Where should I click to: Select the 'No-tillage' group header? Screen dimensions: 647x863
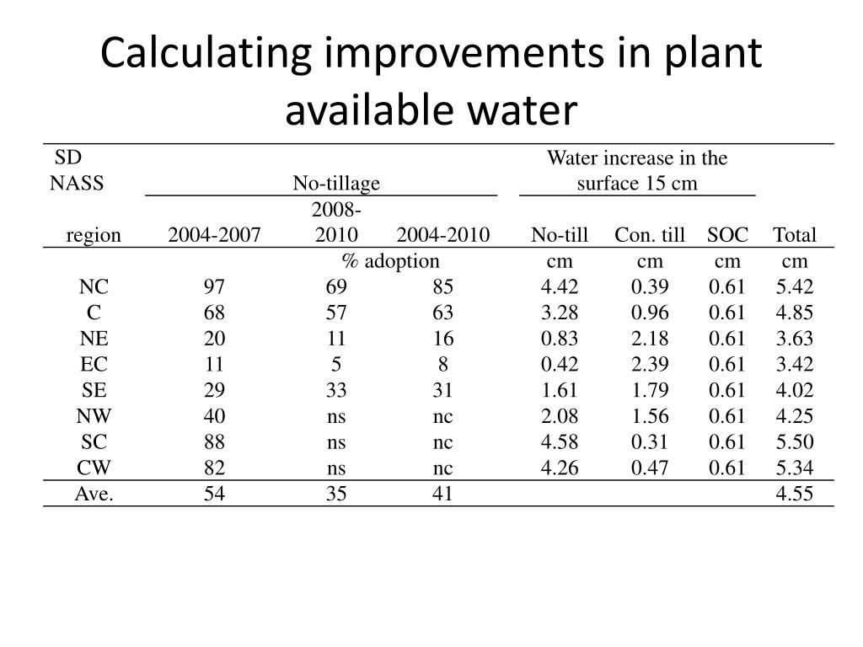point(335,183)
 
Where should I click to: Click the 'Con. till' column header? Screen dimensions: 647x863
point(650,235)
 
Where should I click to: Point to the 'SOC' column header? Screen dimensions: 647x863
point(727,235)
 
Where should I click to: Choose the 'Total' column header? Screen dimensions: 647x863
point(794,235)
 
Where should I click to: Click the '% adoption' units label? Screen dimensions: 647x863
point(390,261)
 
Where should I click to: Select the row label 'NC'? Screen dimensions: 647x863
point(94,287)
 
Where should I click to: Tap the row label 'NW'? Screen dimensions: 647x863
point(94,416)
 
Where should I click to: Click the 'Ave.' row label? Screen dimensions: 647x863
point(94,494)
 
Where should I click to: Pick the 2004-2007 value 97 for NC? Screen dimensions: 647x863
point(214,287)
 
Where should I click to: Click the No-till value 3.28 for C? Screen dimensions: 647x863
point(560,313)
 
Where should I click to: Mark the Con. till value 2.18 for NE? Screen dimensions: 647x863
point(650,339)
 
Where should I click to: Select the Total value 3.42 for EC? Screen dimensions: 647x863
point(795,365)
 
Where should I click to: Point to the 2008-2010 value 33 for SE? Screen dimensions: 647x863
point(336,391)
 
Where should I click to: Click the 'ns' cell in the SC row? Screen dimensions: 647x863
point(336,442)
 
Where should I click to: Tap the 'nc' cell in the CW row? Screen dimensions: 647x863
point(442,468)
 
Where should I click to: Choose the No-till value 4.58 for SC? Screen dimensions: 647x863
point(560,442)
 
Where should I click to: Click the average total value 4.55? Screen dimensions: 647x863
point(795,494)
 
